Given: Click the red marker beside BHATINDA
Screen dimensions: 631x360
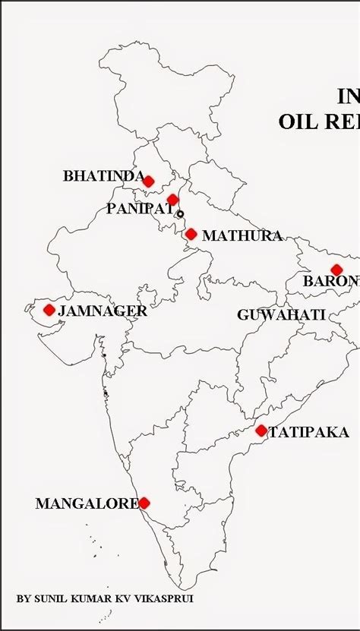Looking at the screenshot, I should tap(149, 181).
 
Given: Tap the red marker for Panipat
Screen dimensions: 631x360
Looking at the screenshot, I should tap(172, 200).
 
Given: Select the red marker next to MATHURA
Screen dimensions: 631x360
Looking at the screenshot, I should tap(191, 234).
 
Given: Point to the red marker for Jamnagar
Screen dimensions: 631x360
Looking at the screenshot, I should tap(49, 310).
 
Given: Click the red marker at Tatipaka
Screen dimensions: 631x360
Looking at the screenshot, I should tap(261, 431).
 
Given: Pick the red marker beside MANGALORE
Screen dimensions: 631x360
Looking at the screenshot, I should tap(144, 503).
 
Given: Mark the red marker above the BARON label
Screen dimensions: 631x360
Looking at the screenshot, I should tap(336, 270).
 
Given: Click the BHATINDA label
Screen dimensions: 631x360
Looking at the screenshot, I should tap(103, 176).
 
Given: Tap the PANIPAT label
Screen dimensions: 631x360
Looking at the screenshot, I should tap(140, 209).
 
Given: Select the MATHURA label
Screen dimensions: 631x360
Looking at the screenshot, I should tap(242, 236).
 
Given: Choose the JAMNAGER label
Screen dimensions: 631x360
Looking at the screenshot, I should tap(103, 311).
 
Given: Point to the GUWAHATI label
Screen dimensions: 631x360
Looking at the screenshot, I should tap(281, 314).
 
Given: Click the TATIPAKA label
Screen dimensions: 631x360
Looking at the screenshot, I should tap(308, 433).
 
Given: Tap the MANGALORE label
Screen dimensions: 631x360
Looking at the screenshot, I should tap(87, 503).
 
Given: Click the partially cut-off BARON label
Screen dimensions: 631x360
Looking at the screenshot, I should tap(331, 282).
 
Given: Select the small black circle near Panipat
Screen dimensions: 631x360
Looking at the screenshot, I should tap(180, 214).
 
